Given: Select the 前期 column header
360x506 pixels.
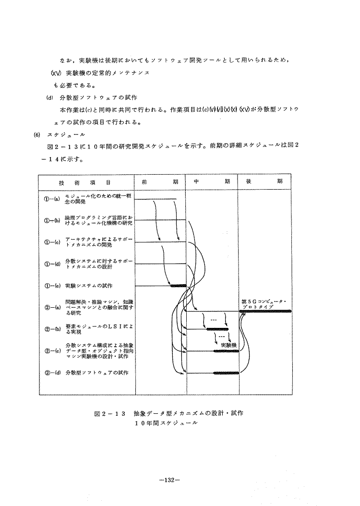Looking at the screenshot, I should [159, 182].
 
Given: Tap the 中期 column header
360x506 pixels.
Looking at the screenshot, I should [212, 182].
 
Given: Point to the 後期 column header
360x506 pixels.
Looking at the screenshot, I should [264, 182].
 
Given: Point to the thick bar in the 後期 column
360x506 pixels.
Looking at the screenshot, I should [266, 311].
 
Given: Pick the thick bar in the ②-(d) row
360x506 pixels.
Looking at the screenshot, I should [226, 373].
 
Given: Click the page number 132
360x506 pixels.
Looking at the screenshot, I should [171, 480].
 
